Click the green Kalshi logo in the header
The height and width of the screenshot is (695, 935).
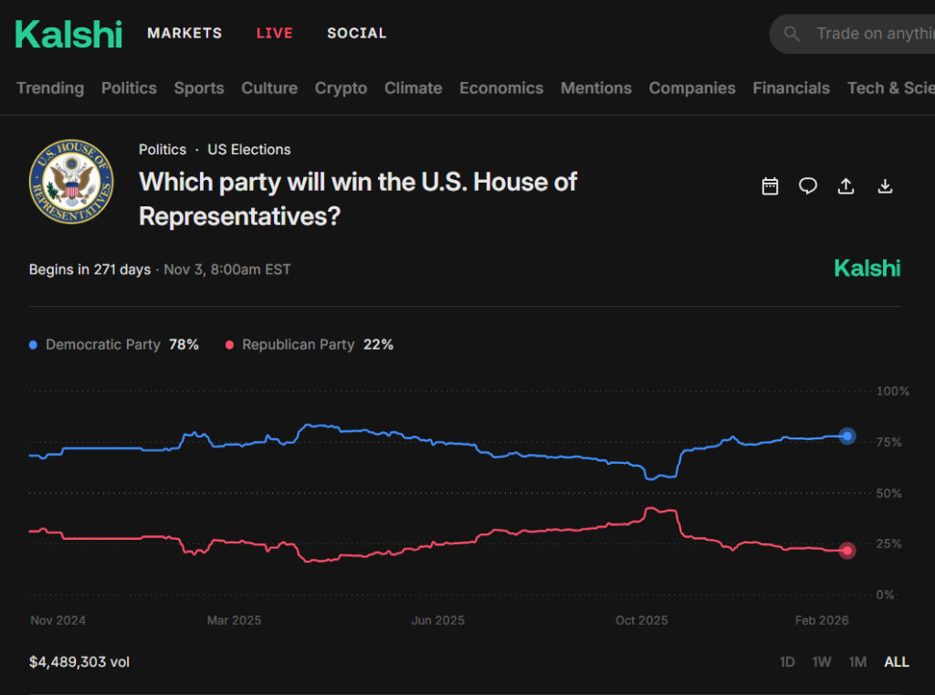pos(68,34)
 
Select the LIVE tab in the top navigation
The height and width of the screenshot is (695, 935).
pos(274,33)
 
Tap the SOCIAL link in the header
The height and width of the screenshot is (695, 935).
pos(356,33)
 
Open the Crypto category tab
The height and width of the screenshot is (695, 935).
pos(341,88)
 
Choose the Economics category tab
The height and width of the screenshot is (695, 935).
pos(501,88)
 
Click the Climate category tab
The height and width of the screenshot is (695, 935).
pos(413,88)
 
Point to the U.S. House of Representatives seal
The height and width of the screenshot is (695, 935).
pos(71,181)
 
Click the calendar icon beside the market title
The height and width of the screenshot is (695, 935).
pos(770,186)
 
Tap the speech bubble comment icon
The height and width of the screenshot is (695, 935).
pos(808,186)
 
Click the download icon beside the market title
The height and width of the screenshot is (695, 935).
pos(884,186)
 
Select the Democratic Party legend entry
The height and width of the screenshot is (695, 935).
pos(102,344)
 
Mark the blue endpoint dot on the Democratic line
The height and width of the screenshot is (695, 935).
pos(847,436)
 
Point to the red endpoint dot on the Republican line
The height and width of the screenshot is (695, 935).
pos(847,550)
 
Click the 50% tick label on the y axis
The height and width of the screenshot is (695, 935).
pos(889,493)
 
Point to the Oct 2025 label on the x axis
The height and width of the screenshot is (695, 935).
pos(641,620)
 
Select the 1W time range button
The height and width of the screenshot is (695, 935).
pos(822,661)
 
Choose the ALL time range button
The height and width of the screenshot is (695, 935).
pos(897,661)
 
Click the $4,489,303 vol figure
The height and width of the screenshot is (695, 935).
pos(79,661)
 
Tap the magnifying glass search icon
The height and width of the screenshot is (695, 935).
pos(792,34)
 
